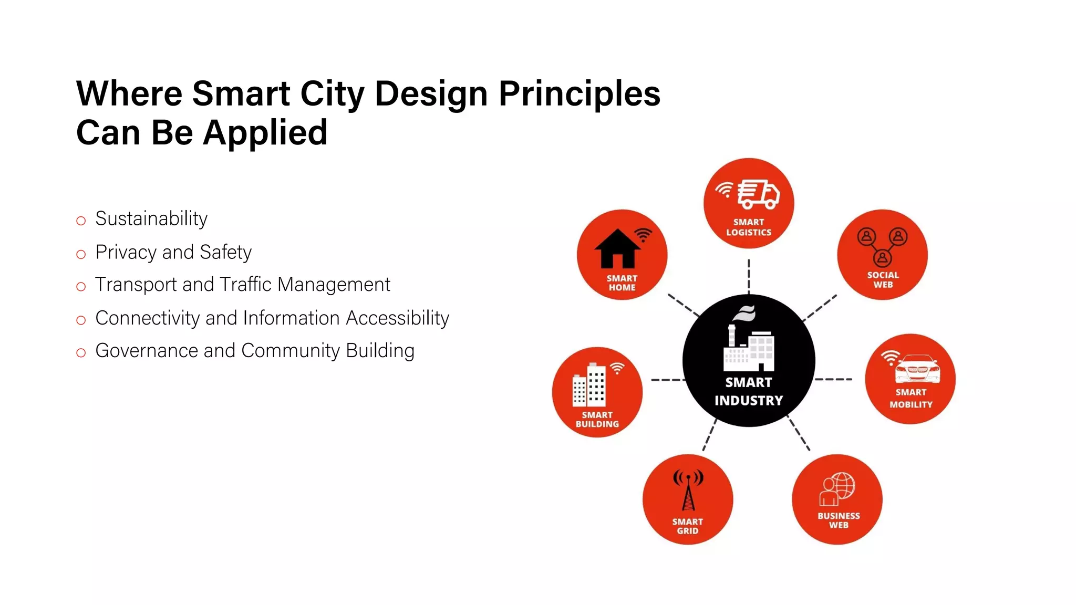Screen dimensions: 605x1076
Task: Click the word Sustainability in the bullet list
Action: (151, 218)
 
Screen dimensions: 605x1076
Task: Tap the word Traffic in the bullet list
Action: (246, 284)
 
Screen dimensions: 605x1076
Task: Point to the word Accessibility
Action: (397, 318)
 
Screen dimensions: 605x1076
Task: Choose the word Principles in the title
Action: (579, 93)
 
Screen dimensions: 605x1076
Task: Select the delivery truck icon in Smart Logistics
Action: (758, 193)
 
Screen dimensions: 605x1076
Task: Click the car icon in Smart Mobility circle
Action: (917, 369)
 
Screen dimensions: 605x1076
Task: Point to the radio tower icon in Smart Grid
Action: (688, 491)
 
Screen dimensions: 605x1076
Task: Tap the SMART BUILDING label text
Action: (597, 419)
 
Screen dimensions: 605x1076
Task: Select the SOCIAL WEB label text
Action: (883, 279)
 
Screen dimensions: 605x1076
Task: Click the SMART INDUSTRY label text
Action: (749, 391)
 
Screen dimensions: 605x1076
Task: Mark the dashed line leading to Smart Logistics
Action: (749, 276)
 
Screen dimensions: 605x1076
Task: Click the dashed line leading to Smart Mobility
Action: (833, 379)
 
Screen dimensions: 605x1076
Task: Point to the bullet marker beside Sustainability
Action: (81, 221)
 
